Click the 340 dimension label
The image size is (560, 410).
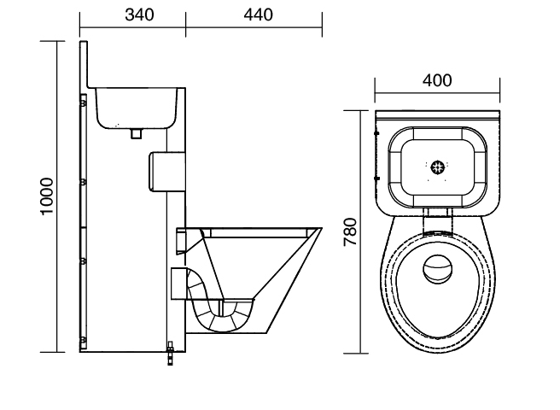tap(139, 15)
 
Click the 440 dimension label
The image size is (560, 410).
tap(258, 15)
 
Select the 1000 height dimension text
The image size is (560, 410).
tap(46, 196)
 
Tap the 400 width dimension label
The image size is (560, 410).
tap(437, 80)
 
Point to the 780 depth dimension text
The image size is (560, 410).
tap(350, 231)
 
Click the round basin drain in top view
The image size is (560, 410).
tap(437, 167)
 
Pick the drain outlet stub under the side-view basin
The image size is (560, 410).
tap(136, 134)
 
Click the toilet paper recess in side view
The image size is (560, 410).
tap(166, 172)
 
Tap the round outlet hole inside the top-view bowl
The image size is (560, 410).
tap(437, 268)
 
